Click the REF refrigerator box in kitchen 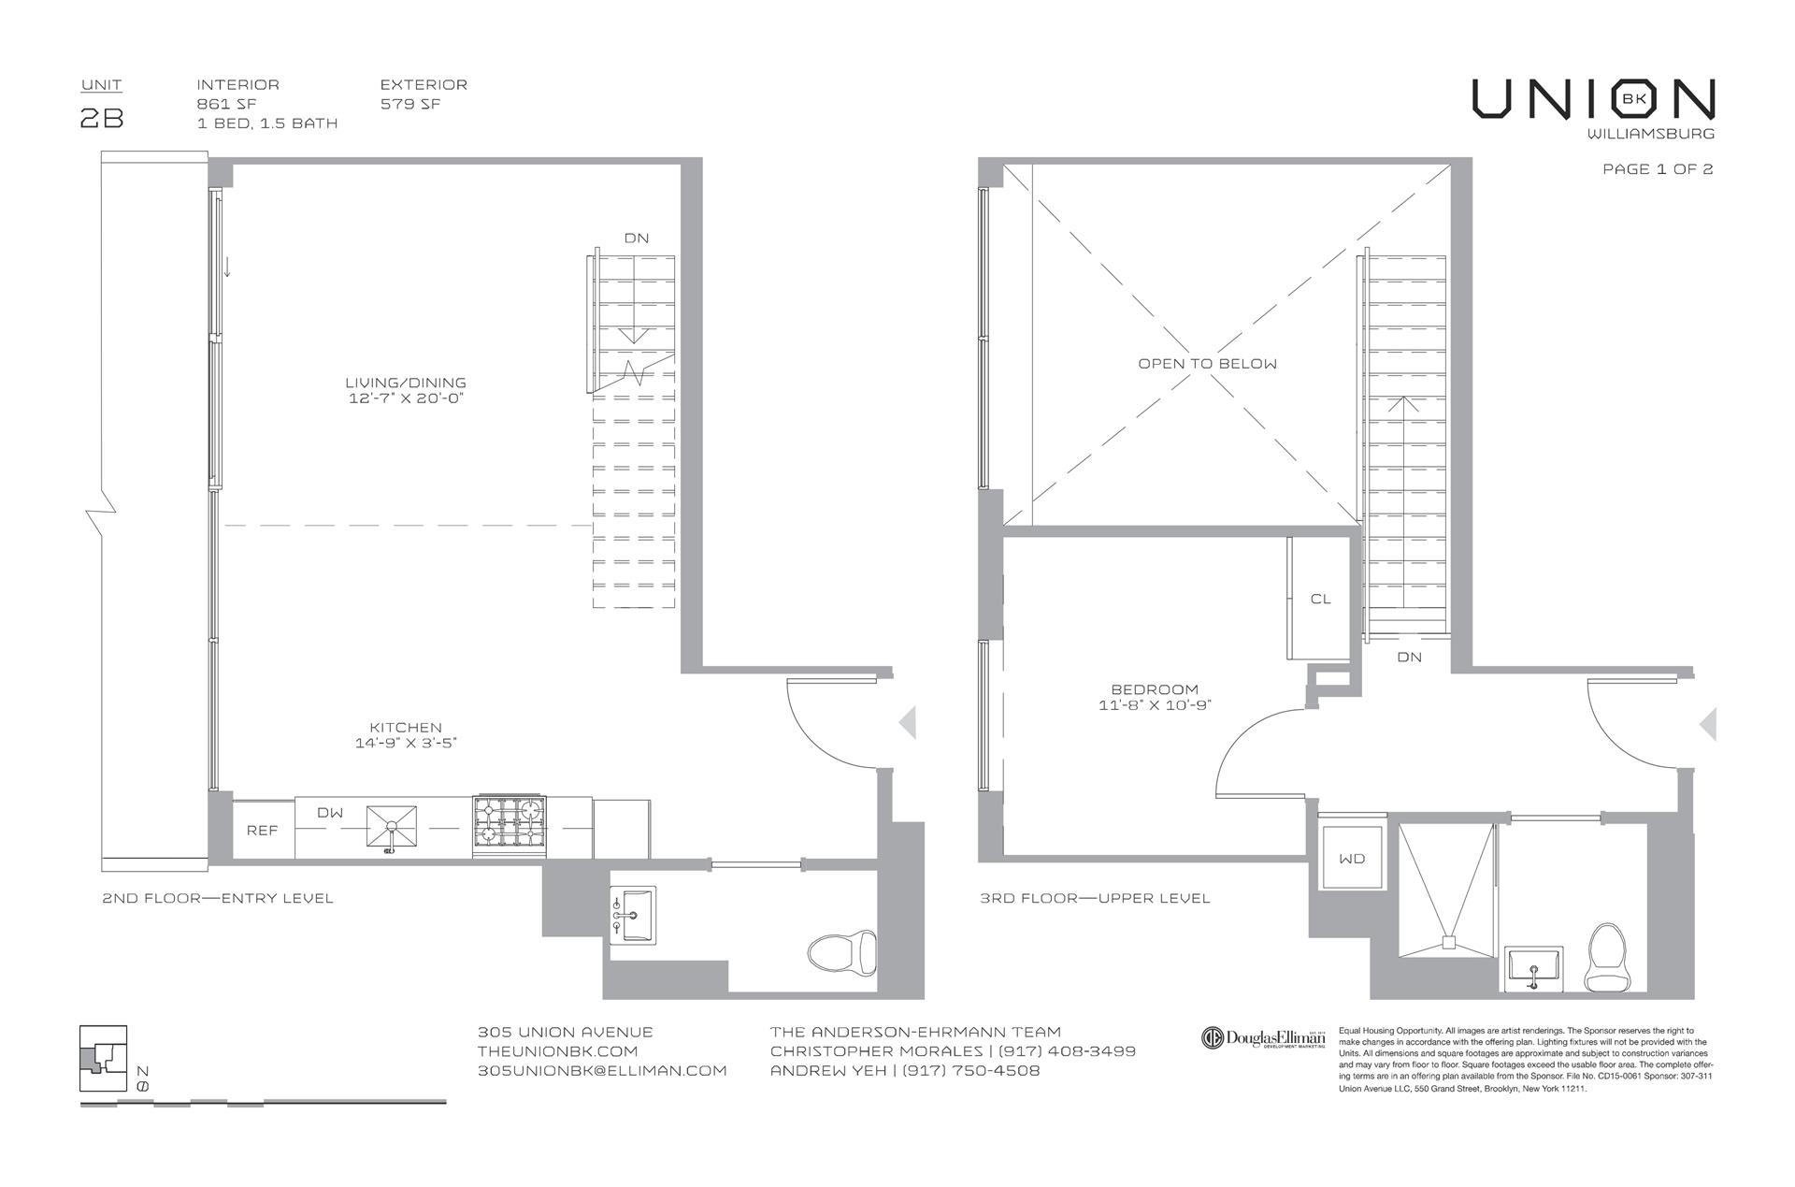tap(262, 830)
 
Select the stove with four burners tap(510, 827)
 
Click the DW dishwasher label tap(330, 813)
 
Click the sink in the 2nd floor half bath tap(634, 915)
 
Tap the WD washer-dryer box tap(1352, 858)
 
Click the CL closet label tap(1320, 599)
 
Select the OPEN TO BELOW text tap(1207, 364)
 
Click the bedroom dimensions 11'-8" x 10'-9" tap(1155, 705)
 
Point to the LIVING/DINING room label tap(405, 383)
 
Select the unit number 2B tap(102, 119)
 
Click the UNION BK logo tap(1593, 99)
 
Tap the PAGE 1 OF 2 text tap(1658, 169)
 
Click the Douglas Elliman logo tap(1263, 1038)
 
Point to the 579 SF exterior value tap(410, 104)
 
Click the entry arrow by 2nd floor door tap(906, 723)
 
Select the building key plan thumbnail tap(104, 1058)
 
